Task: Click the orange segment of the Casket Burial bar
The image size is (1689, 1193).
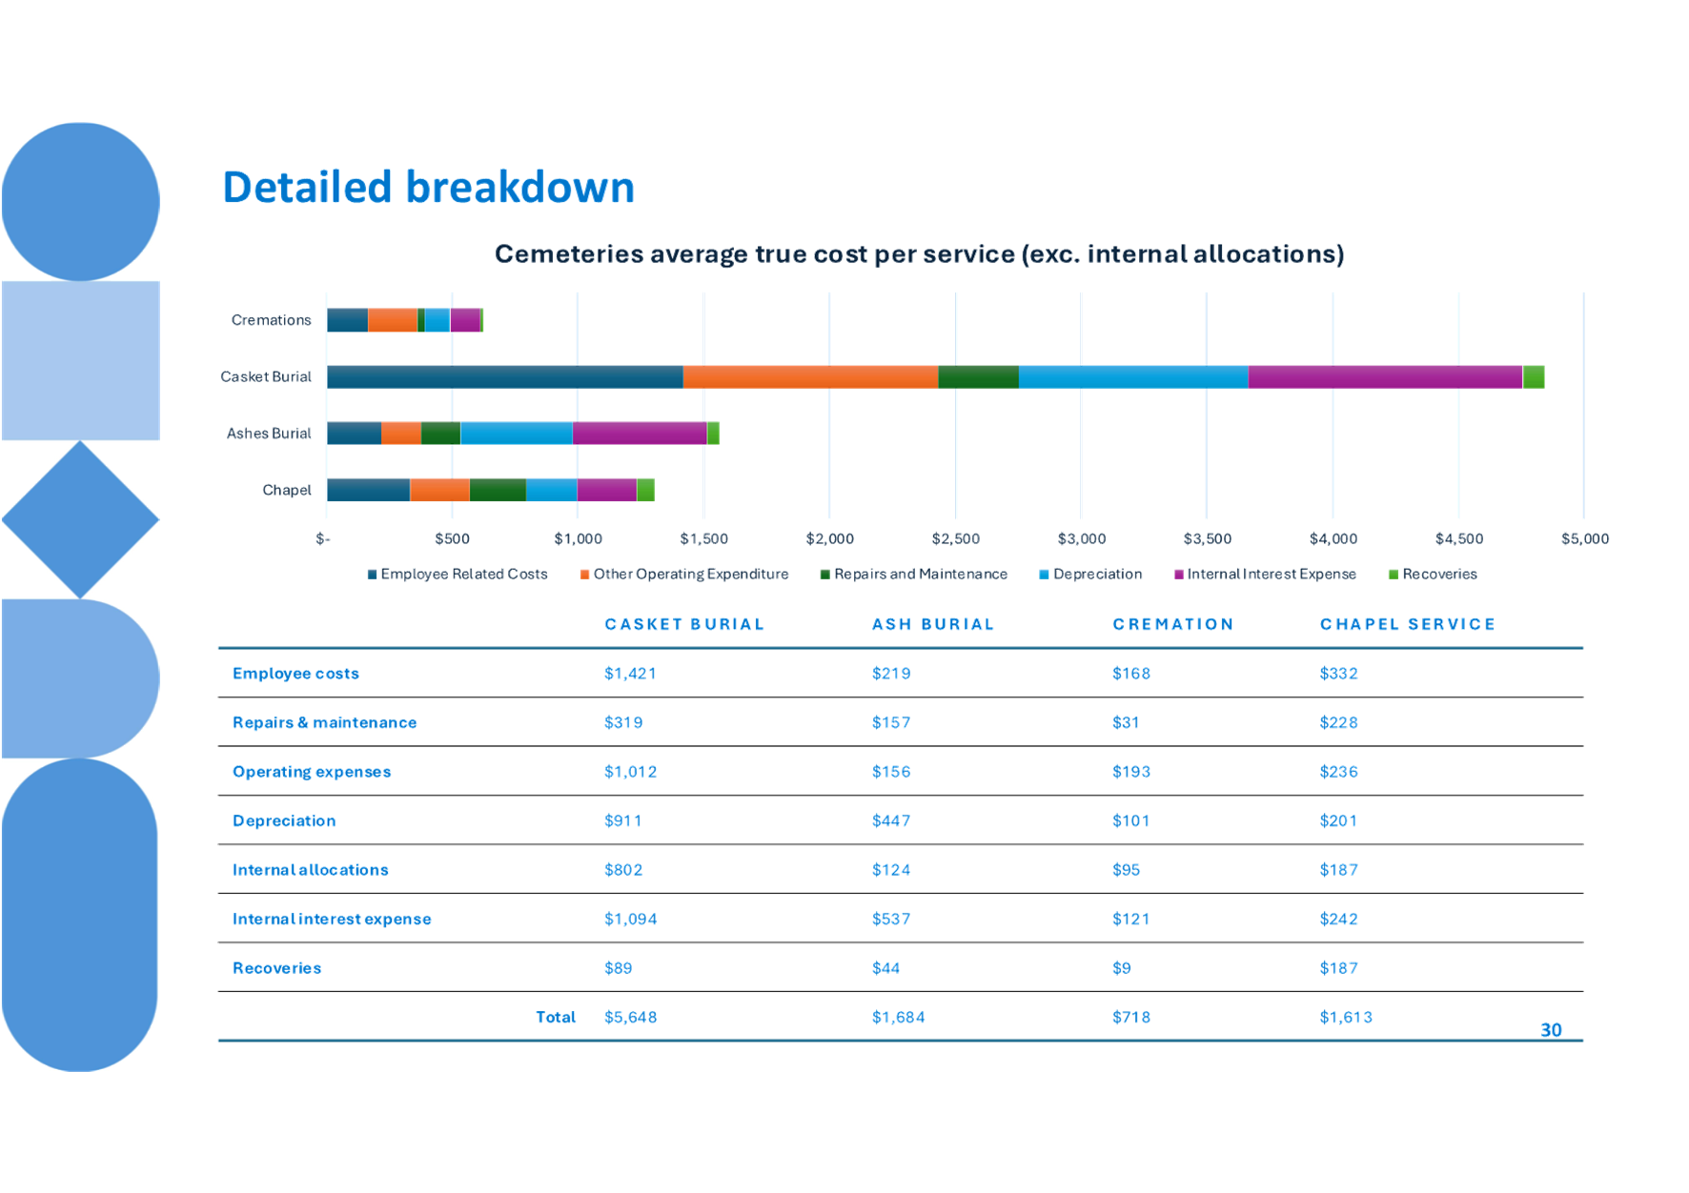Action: [810, 377]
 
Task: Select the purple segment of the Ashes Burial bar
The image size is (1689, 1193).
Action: [640, 434]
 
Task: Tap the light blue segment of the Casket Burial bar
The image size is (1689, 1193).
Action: [1133, 377]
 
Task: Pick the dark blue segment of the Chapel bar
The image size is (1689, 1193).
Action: [368, 491]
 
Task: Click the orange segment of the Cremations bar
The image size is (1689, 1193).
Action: [392, 321]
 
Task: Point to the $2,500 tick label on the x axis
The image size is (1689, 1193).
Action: [955, 539]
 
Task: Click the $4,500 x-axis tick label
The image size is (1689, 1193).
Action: [1458, 539]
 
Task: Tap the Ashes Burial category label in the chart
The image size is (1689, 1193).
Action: [269, 434]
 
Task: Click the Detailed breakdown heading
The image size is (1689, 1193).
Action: [428, 187]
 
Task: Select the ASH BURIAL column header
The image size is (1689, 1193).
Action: [932, 625]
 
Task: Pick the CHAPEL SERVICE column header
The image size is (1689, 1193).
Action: [1407, 625]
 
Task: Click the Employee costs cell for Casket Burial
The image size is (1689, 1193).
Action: [630, 674]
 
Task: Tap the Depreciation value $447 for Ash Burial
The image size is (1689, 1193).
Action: [890, 821]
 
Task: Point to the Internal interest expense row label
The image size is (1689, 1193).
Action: [332, 920]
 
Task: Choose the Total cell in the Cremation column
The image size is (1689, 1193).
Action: [1130, 1018]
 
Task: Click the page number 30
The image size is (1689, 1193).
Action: [1551, 1030]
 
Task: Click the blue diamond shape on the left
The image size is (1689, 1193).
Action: [80, 520]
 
